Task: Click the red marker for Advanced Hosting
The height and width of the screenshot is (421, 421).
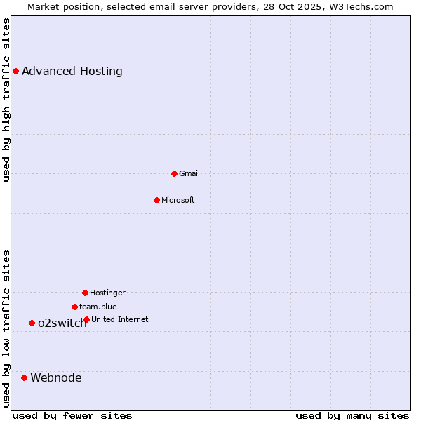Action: coord(15,71)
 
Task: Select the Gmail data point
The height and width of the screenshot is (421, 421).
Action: coord(174,173)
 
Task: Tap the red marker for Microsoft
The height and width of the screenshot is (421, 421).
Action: coord(156,200)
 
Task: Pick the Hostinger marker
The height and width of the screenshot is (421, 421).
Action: coord(85,293)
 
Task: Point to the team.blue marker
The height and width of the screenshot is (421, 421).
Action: coord(74,307)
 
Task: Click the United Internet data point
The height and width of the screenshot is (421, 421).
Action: coord(86,319)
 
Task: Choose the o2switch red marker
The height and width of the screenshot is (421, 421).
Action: coord(32,323)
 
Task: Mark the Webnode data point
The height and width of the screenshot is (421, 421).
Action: coord(24,377)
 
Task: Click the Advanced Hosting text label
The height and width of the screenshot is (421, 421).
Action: coord(72,71)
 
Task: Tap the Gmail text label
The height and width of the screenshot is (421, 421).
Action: coord(189,173)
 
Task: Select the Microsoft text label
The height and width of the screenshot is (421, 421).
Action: coord(178,200)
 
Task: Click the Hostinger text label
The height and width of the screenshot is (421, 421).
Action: coord(107,293)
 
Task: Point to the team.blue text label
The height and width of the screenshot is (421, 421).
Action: coord(98,307)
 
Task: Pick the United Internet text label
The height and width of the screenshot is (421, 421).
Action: coord(120,319)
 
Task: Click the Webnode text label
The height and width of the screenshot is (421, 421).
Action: coord(56,377)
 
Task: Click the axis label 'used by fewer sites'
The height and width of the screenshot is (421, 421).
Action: coord(72,415)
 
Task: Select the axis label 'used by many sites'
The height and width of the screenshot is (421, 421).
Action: coord(352,415)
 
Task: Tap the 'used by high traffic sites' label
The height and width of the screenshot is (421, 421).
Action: coord(6,100)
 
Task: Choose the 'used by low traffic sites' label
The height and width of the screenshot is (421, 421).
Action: coord(6,328)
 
